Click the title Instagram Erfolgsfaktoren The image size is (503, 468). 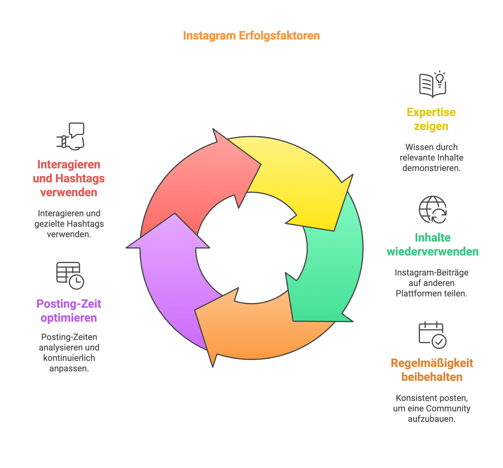251,36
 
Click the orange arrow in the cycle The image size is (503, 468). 261,328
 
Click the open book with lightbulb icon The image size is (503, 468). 432,84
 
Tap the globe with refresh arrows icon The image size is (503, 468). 432,210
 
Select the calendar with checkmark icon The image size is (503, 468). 432,335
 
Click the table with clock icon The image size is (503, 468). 70,276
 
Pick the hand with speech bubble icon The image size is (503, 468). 70,136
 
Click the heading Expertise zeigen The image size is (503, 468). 431,119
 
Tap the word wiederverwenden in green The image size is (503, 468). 432,251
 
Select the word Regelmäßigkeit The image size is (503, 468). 432,363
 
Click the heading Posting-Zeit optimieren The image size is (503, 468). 69,311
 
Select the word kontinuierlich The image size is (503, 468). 69,358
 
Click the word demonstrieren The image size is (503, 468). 432,168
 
